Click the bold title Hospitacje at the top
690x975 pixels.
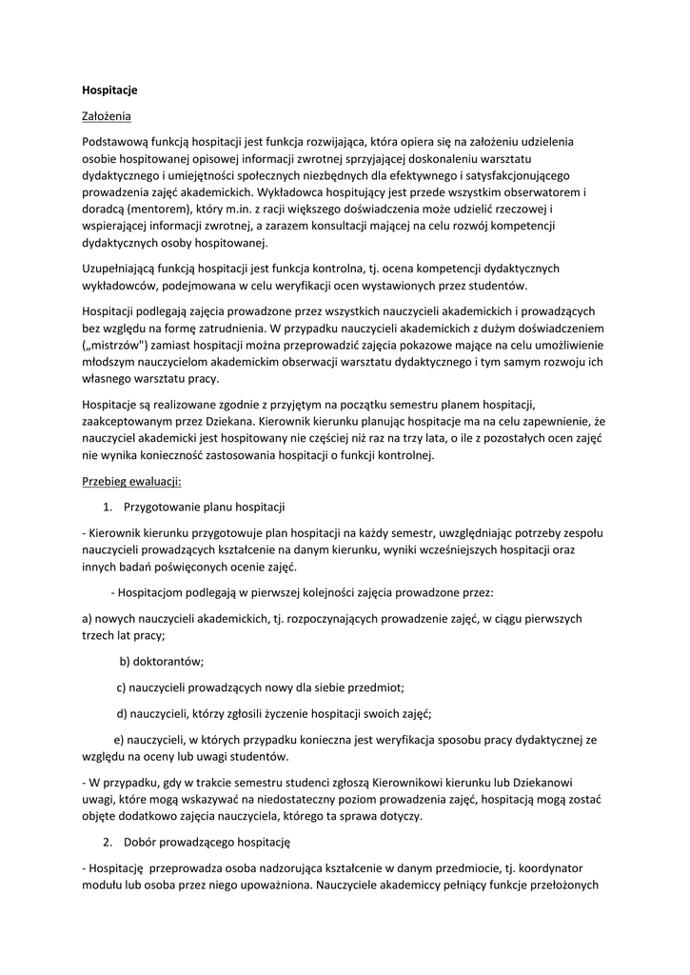(109, 90)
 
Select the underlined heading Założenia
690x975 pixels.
(107, 116)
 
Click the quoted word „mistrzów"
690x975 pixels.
(114, 345)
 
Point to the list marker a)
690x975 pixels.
(88, 619)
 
